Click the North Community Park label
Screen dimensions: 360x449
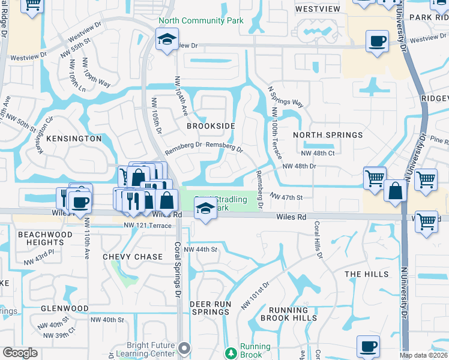(200, 20)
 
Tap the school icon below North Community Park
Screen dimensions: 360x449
(166, 40)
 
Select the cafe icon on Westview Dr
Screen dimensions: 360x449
(377, 41)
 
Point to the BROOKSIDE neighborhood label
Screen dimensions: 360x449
(209, 127)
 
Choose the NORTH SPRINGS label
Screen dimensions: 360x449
(328, 135)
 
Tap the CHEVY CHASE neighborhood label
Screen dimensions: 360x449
(133, 257)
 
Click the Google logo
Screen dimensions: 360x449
(20, 353)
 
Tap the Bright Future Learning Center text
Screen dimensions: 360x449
(150, 350)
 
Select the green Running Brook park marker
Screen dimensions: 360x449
(231, 353)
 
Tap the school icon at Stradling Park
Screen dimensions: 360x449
(205, 208)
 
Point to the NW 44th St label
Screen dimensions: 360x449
(199, 249)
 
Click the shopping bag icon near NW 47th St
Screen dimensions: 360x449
(396, 191)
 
